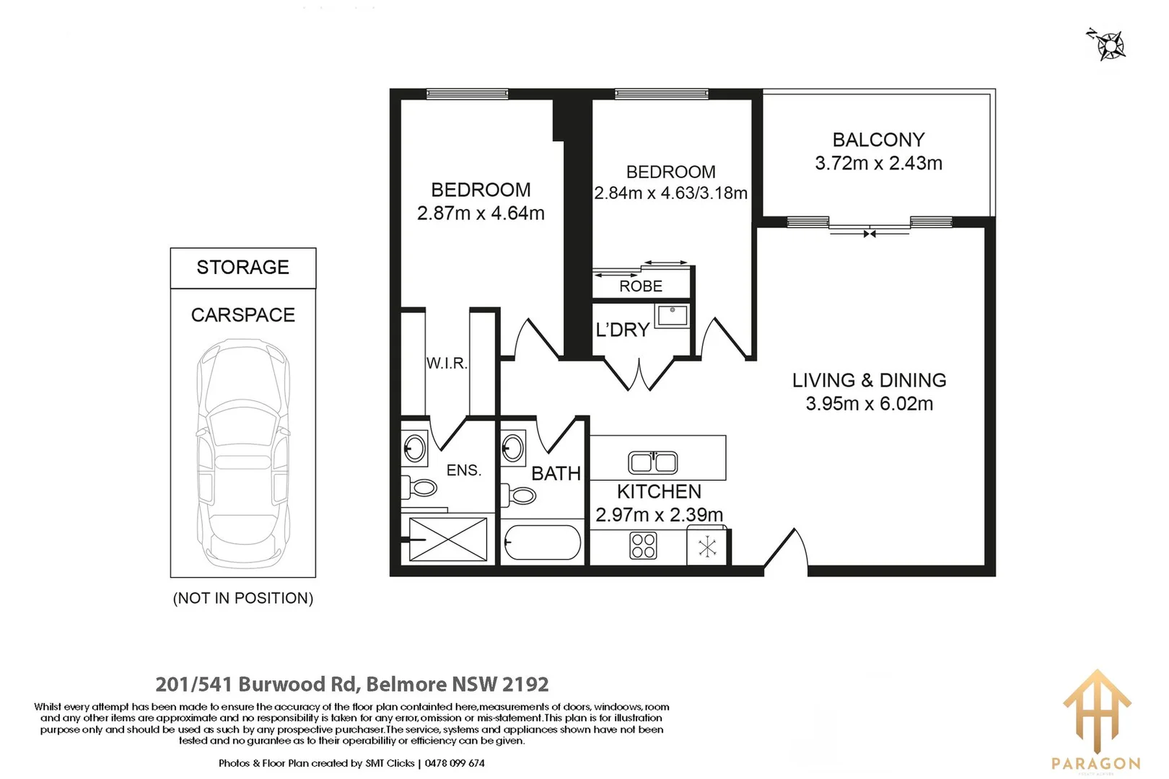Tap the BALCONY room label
point(878,140)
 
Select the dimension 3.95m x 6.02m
point(869,404)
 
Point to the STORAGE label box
point(243,268)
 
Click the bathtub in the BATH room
point(542,542)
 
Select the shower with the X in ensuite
point(448,540)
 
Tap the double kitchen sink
point(652,462)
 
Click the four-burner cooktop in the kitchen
point(643,546)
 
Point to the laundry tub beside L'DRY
point(672,315)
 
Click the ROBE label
point(641,286)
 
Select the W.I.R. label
point(447,364)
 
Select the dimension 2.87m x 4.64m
point(481,214)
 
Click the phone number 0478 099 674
point(455,763)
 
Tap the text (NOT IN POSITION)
point(243,599)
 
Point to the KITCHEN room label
point(659,492)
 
